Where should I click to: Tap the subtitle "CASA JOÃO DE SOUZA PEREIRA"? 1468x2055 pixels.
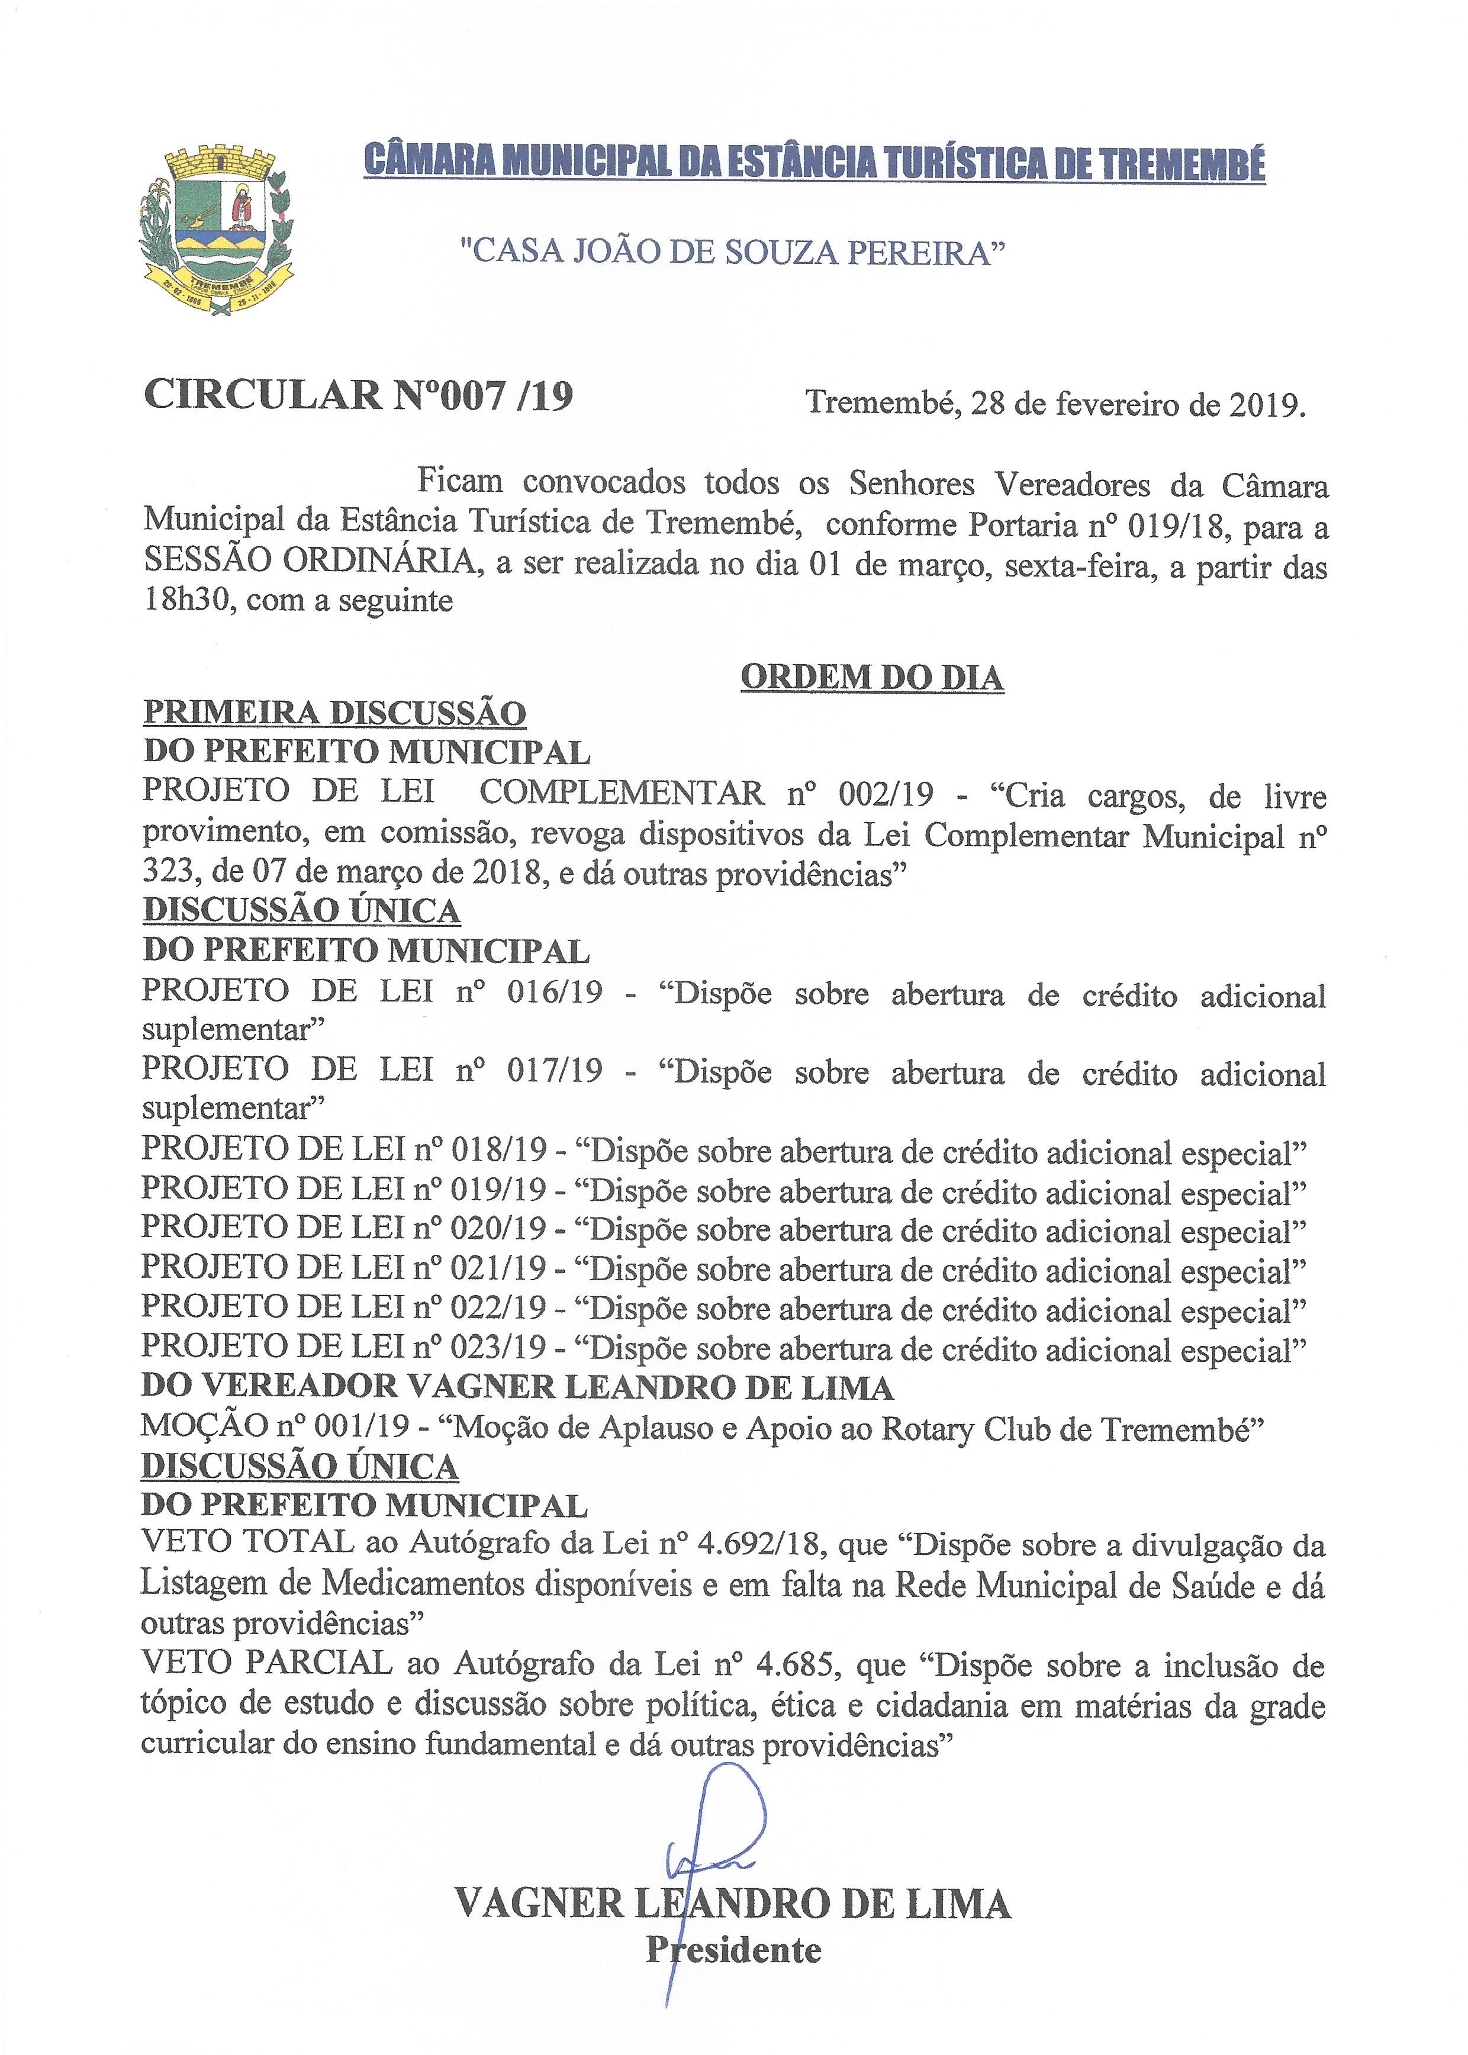pyautogui.click(x=733, y=252)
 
